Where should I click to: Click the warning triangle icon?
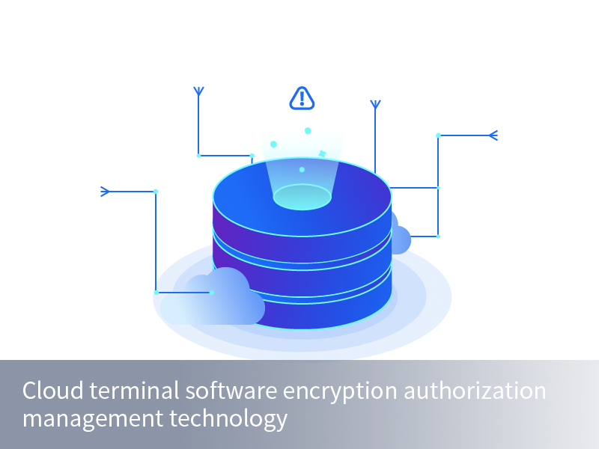point(302,99)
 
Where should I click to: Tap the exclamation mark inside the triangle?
point(302,98)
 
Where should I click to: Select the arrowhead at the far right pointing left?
point(493,135)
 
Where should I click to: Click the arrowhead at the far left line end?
point(105,192)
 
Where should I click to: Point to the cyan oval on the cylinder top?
point(302,197)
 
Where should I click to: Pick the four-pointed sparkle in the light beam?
point(322,153)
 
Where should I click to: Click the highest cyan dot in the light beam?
point(308,131)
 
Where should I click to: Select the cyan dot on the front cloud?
point(212,293)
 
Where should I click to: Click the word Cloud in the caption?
point(52,391)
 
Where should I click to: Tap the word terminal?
point(134,391)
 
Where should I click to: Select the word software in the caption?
point(231,391)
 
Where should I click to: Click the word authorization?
point(475,391)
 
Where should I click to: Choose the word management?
point(93,418)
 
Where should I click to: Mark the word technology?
point(228,418)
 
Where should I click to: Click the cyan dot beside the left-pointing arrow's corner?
point(438,135)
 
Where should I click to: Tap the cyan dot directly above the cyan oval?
point(302,170)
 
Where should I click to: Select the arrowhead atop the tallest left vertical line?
point(198,91)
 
